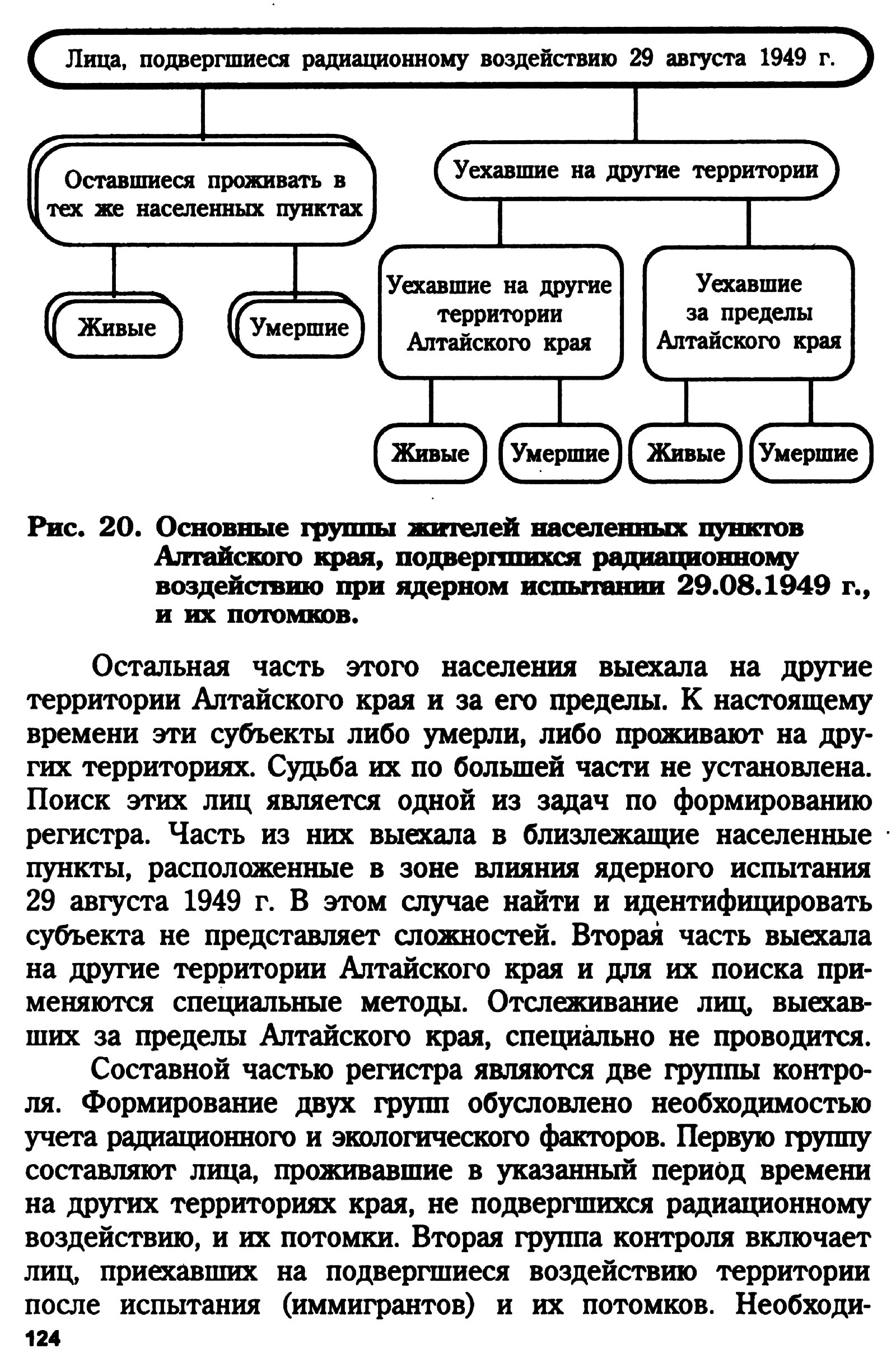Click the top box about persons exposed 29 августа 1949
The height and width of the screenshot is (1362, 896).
point(450,58)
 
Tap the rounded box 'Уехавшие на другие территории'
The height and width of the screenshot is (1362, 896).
point(635,170)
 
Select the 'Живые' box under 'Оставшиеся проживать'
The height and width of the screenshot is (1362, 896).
point(117,328)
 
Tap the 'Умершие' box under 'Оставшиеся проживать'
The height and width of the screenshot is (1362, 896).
point(300,328)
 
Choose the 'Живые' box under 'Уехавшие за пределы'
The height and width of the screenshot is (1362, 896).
point(685,453)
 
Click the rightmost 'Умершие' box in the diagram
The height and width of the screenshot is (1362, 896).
point(811,453)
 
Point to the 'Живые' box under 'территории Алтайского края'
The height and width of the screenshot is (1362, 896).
point(430,453)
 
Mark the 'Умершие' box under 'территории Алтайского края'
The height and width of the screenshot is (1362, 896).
point(560,453)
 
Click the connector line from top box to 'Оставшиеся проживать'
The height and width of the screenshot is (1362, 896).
point(203,112)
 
